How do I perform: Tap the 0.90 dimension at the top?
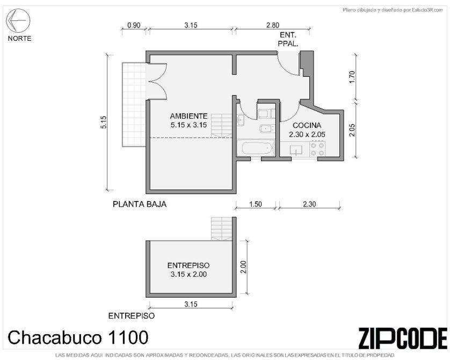click(134, 25)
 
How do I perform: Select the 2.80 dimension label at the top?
click(272, 25)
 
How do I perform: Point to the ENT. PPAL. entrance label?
click(288, 39)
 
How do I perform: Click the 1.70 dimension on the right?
click(353, 77)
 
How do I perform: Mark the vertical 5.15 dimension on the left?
click(104, 122)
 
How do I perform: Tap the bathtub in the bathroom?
click(257, 148)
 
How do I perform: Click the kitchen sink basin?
click(296, 150)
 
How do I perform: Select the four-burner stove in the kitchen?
click(317, 149)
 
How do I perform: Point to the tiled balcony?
click(134, 104)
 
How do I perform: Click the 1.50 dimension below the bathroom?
click(256, 204)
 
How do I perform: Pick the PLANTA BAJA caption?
click(140, 204)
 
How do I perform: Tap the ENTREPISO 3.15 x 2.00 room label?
click(188, 270)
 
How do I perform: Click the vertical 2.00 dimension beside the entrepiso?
click(243, 267)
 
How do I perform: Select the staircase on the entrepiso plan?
click(222, 228)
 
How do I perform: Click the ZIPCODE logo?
click(403, 338)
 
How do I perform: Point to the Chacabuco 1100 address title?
click(78, 337)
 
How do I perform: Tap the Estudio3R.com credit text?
click(393, 10)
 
